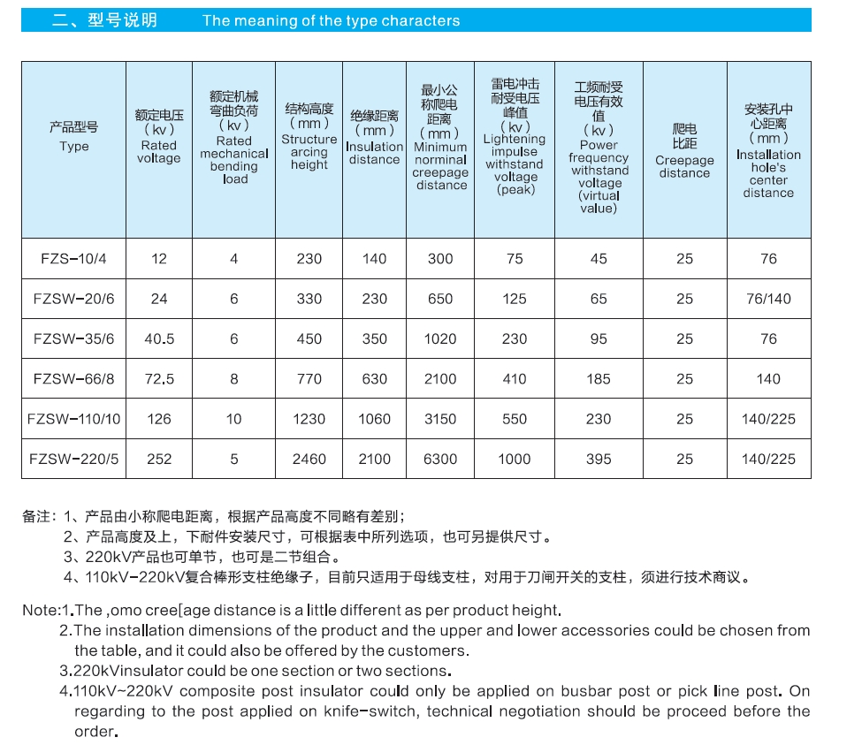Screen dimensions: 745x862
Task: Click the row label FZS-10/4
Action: tap(73, 259)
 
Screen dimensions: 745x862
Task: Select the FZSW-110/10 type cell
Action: tap(73, 419)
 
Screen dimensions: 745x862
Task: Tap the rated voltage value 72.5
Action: tap(159, 379)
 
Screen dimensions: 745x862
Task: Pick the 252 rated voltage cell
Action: tap(159, 459)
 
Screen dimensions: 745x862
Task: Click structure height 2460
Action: tap(309, 459)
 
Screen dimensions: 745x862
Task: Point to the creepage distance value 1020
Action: tap(440, 338)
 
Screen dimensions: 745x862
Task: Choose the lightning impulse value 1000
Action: tap(515, 459)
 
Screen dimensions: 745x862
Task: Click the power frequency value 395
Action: tap(599, 459)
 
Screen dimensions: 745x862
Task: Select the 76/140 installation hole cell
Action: tap(768, 299)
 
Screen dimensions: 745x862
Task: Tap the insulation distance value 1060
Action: tap(374, 419)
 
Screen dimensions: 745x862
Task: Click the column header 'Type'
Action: tap(73, 147)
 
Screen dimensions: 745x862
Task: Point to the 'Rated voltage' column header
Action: tap(159, 152)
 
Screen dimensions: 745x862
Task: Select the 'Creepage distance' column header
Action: tap(684, 167)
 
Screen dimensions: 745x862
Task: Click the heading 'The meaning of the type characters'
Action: tap(331, 20)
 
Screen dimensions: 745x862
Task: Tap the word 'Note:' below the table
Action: tap(40, 611)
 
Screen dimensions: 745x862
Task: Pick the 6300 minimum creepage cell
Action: tap(440, 459)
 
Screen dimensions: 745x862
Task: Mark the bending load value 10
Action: tap(233, 419)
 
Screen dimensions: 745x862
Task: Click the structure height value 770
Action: tap(309, 379)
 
